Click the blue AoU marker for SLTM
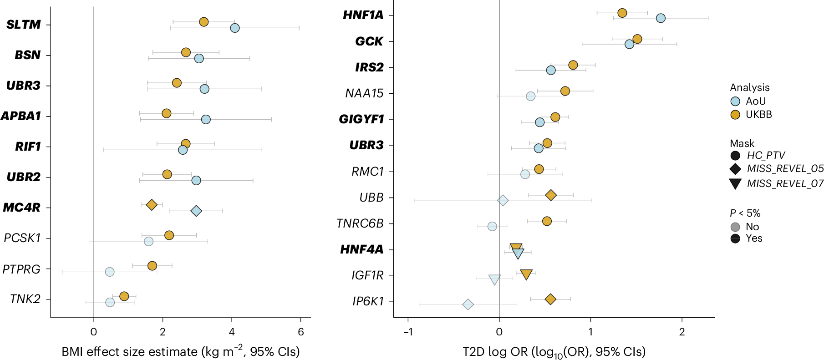[235, 28]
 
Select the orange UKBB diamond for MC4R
[152, 205]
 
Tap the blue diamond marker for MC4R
[196, 211]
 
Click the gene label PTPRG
[21, 269]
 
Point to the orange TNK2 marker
[124, 296]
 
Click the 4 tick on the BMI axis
[232, 332]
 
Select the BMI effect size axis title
[181, 351]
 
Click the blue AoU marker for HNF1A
[661, 18]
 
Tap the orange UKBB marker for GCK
[637, 39]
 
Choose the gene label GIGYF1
[361, 119]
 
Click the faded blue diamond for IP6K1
[468, 304]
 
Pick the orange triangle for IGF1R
[526, 274]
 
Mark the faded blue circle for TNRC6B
[492, 226]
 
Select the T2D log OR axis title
[554, 352]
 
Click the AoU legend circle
[735, 101]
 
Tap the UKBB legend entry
[758, 115]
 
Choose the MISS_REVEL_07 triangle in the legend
[735, 183]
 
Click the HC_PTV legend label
[766, 155]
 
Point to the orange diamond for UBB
[551, 195]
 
